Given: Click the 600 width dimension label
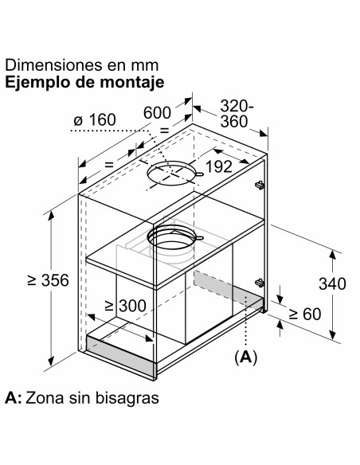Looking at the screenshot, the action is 157,113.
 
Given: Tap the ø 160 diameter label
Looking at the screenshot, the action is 95,120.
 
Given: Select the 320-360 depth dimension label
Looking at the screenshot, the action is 237,114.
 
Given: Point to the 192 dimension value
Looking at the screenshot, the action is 218,166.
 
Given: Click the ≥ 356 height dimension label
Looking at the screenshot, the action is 48,280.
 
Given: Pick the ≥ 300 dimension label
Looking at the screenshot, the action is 126,306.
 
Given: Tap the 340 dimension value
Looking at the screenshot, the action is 332,283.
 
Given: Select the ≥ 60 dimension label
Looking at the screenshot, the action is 305,314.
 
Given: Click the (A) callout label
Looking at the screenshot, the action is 246,357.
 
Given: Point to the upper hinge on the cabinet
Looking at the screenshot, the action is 260,185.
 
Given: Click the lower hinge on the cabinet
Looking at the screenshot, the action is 260,283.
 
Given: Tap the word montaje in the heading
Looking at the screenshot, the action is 131,82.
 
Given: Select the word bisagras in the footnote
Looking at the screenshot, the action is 127,398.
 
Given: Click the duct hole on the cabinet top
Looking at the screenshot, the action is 172,174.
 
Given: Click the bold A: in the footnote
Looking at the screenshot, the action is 13,397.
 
